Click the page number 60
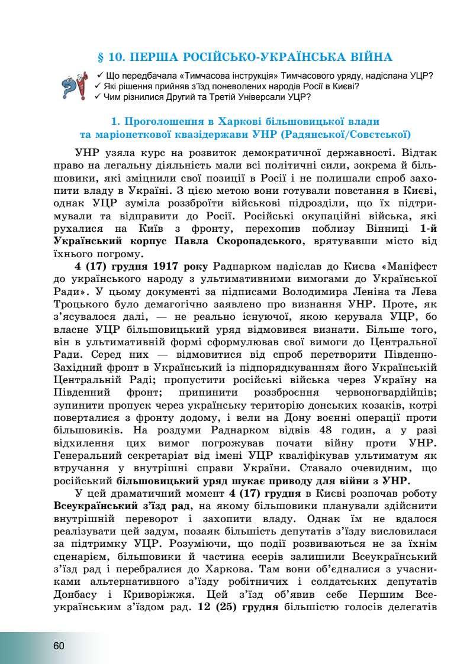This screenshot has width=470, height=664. [58, 645]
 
